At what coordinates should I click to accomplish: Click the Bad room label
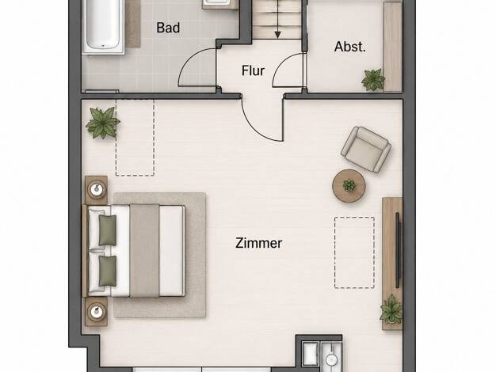(168, 28)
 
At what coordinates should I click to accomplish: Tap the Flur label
(253, 70)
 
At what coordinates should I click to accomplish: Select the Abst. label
(350, 47)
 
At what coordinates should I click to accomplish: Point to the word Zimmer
(259, 243)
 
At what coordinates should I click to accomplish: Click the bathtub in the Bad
(103, 26)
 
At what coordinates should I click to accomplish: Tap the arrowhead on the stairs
(277, 35)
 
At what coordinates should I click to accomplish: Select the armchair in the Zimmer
(366, 149)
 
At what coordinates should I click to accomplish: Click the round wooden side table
(349, 186)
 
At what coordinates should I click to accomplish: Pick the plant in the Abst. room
(373, 79)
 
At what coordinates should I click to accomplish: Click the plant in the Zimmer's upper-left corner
(102, 123)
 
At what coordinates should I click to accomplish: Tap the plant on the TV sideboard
(391, 309)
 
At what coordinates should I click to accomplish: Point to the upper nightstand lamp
(97, 190)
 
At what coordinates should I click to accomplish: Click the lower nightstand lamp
(97, 312)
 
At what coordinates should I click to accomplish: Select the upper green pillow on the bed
(108, 230)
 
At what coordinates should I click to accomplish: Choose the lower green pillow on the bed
(108, 271)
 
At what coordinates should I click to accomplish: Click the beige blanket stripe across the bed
(144, 251)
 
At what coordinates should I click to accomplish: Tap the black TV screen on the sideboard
(399, 250)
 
